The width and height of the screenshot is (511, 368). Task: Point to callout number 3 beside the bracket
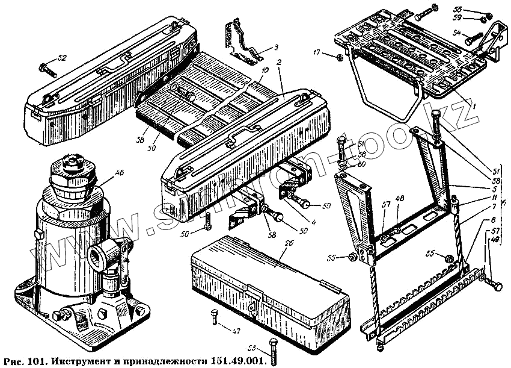[275, 47]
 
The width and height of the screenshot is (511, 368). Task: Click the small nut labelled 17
[338, 58]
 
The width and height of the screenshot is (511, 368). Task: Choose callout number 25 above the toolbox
[271, 243]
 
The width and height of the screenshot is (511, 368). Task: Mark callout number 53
[251, 348]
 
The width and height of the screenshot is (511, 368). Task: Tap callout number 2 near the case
[280, 62]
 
